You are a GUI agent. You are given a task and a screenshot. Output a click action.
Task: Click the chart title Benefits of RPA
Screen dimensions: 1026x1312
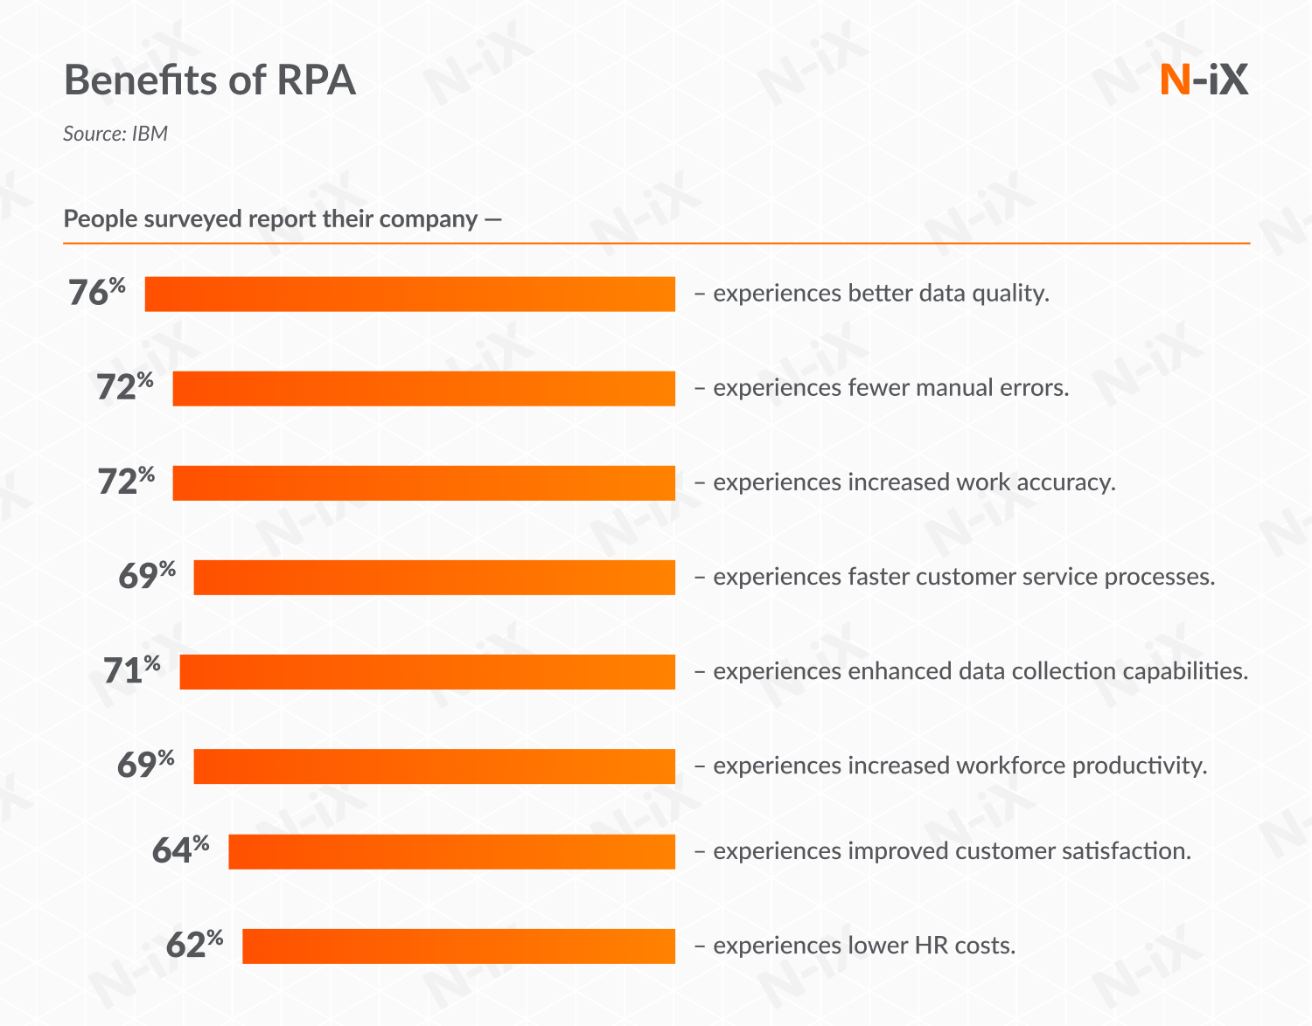210,80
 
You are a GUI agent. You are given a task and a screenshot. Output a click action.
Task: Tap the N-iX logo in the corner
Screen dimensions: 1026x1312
1204,80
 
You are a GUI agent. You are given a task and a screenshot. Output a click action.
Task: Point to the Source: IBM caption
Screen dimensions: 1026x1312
115,134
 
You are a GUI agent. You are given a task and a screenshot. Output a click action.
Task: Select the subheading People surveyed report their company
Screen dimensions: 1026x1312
282,218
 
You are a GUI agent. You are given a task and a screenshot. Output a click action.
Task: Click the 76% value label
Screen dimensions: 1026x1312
97,293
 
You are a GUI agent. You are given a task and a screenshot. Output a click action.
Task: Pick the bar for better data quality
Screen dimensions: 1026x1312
409,294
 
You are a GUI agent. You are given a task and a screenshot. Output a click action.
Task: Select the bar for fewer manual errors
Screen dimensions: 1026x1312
423,388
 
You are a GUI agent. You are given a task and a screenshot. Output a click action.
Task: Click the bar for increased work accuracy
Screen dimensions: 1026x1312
423,482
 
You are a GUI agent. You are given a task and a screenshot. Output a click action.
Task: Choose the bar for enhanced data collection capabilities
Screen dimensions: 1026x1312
427,671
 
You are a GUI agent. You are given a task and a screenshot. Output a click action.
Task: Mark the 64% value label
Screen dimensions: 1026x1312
180,849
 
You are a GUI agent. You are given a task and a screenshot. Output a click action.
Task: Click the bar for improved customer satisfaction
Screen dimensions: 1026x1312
451,851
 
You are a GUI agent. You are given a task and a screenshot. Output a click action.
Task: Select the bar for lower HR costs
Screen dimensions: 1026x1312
458,946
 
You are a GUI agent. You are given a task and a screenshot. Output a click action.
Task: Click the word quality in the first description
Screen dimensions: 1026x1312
1012,294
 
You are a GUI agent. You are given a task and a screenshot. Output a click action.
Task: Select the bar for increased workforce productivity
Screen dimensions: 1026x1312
434,766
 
